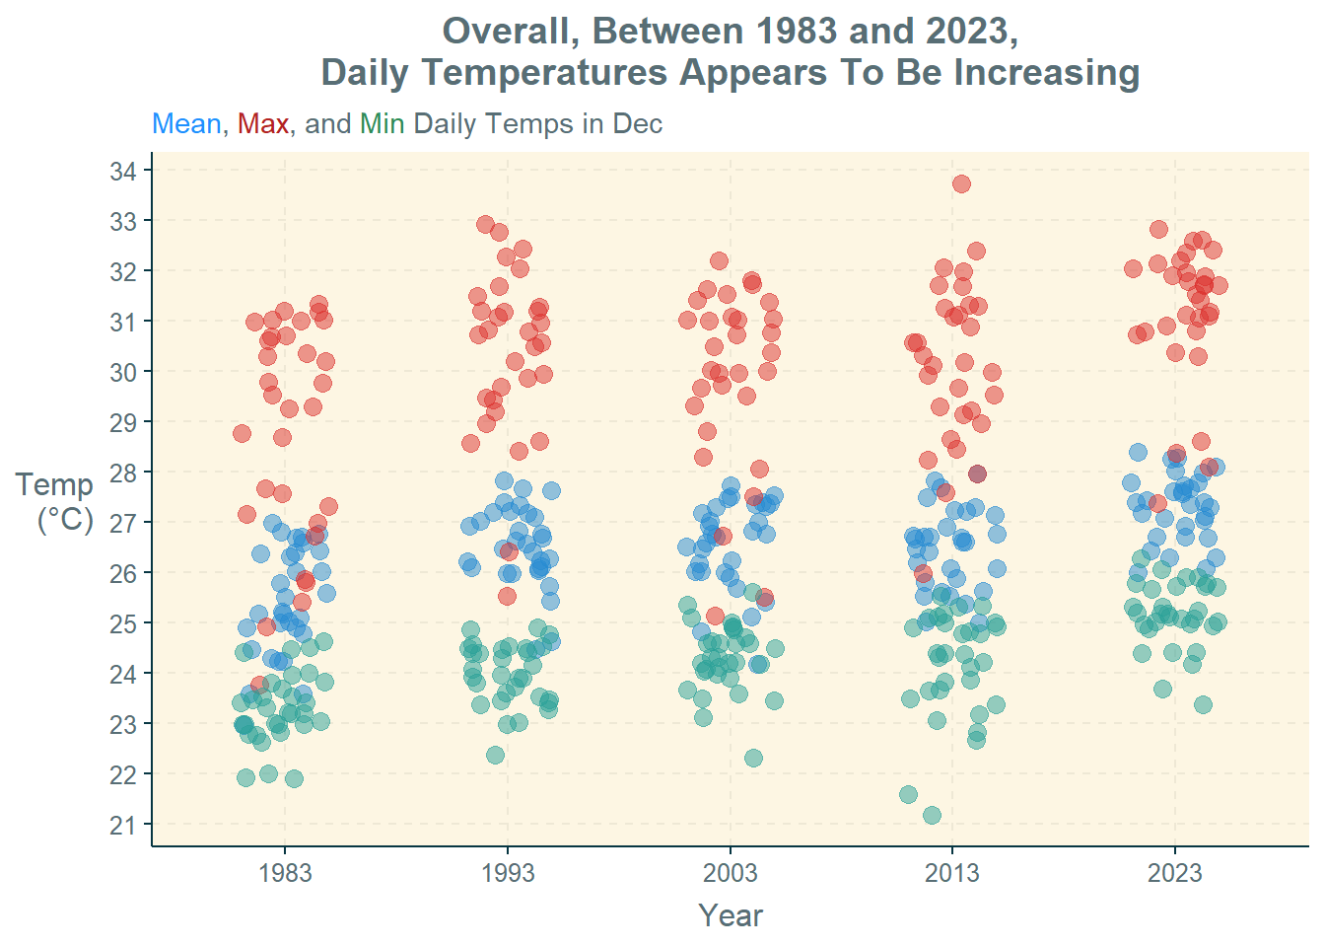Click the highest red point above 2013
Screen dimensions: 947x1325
tap(961, 183)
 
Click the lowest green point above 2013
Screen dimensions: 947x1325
tap(932, 815)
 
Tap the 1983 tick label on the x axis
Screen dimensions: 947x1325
tap(285, 873)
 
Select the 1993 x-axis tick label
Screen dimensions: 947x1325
tap(508, 873)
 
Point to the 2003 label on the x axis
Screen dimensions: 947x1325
tap(731, 873)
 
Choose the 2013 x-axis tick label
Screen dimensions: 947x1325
tap(952, 873)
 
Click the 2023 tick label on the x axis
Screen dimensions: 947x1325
tap(1175, 873)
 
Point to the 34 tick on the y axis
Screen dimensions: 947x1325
tap(123, 172)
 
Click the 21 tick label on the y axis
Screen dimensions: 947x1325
tap(123, 825)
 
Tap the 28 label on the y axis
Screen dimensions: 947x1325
tap(123, 473)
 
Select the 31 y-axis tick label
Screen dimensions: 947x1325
tap(123, 322)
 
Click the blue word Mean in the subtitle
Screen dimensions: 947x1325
tap(186, 124)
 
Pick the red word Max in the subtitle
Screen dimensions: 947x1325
tap(263, 124)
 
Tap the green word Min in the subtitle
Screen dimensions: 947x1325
tap(382, 124)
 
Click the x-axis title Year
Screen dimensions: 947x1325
tap(731, 915)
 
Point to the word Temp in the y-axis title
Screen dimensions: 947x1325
tap(54, 484)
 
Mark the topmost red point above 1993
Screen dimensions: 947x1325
tap(485, 225)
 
